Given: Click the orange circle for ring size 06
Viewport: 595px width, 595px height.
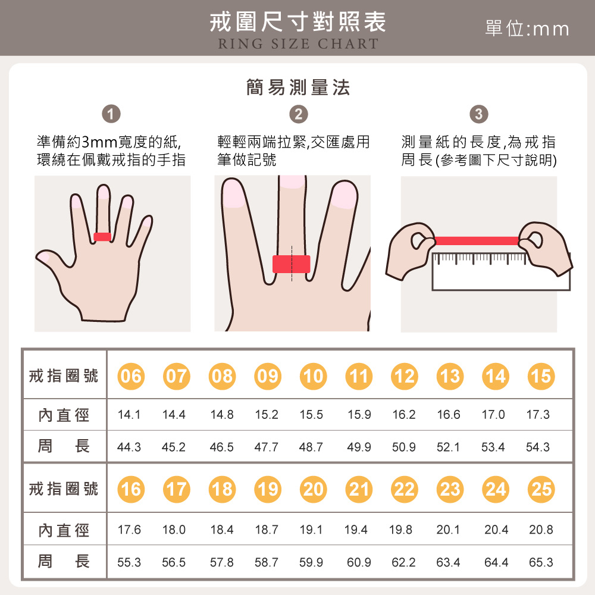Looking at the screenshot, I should [131, 376].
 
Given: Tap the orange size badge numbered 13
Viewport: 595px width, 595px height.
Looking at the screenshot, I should [450, 376].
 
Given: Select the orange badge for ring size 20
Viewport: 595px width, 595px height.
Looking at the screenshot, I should [314, 489].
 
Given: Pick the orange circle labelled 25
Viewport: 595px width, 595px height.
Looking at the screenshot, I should [541, 489].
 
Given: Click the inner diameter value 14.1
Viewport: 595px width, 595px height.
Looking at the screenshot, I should [129, 415].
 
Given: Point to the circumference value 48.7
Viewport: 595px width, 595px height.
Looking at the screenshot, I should [311, 447].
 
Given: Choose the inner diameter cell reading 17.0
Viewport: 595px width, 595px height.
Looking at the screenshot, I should [493, 415].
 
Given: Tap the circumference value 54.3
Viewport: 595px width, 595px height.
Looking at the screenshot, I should [538, 447].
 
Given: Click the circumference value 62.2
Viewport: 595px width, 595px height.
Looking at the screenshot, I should [404, 562].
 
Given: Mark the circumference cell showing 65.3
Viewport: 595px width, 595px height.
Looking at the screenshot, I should [541, 562].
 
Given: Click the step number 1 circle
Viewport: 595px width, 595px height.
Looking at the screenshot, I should [111, 114].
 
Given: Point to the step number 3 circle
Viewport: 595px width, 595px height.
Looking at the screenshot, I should [479, 114].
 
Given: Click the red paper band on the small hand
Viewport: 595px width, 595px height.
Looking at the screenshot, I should [102, 237].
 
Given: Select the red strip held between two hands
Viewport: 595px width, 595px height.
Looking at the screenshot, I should [476, 240].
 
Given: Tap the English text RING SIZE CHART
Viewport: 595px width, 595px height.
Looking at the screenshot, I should [297, 44].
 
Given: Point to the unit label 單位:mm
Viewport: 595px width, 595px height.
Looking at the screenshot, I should [527, 29].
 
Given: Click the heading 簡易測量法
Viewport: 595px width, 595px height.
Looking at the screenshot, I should [297, 88].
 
